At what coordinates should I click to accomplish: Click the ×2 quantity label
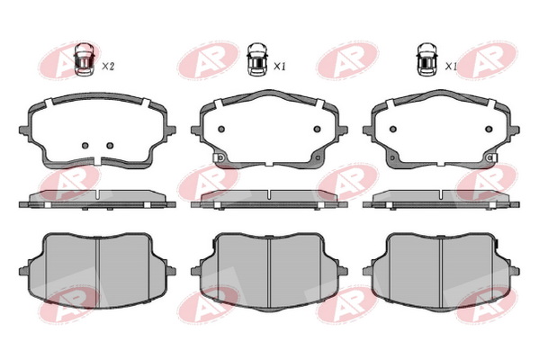point(108,67)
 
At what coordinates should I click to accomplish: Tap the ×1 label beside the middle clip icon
point(280,67)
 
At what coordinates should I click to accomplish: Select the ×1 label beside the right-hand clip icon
point(451,67)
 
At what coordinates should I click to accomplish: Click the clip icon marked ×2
point(85,58)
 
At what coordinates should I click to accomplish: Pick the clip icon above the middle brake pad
point(257,58)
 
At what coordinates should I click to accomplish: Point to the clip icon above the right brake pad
point(427,58)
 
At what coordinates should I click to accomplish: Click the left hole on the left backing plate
point(85,146)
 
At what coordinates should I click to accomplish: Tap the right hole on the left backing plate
point(110,146)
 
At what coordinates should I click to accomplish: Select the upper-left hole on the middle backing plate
point(221,129)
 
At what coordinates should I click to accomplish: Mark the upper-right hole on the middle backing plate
point(318,129)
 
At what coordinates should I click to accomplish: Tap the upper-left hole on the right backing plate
point(393,129)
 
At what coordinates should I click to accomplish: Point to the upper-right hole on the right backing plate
point(489,129)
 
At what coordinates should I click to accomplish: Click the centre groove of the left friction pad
point(99,273)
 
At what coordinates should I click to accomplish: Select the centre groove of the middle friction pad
point(269,273)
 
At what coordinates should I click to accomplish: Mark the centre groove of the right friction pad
point(441,273)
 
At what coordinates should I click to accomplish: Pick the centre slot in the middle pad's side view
point(269,194)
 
